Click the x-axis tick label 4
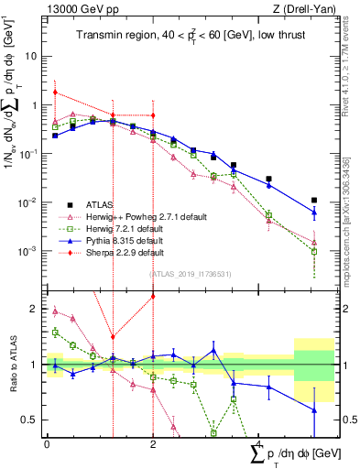tap(259, 445)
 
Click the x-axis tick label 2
tap(153, 445)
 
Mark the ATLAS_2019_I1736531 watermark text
tap(191, 273)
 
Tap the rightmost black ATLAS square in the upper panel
tap(313, 200)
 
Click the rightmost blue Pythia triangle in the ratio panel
tap(313, 409)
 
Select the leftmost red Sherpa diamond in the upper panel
tap(56, 92)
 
